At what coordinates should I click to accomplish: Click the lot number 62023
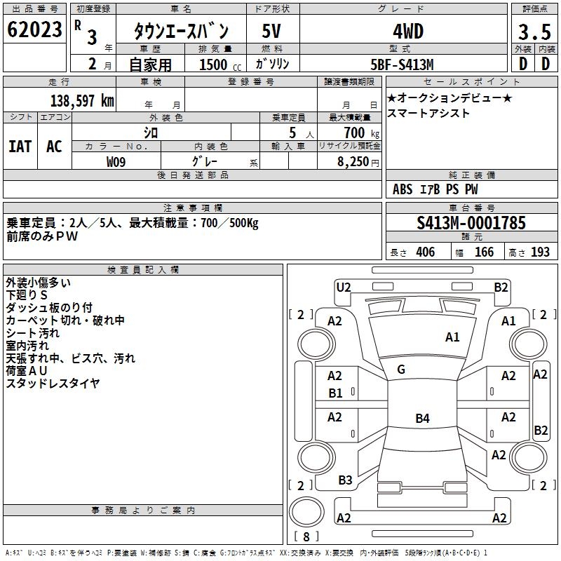tap(34, 30)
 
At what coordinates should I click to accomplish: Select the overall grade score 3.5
tap(533, 32)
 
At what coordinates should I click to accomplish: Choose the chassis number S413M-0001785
tap(471, 223)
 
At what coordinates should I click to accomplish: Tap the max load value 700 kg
tap(361, 133)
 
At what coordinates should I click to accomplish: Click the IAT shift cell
tap(20, 146)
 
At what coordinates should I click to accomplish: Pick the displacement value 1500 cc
tap(213, 65)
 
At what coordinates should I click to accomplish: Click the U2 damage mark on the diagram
tap(344, 287)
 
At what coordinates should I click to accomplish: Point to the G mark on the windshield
tap(401, 370)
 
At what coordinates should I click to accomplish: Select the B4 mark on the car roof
tap(422, 419)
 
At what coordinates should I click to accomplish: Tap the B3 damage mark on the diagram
tap(345, 480)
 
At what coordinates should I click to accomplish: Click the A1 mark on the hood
tap(452, 337)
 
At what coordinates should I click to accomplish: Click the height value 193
tap(540, 252)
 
